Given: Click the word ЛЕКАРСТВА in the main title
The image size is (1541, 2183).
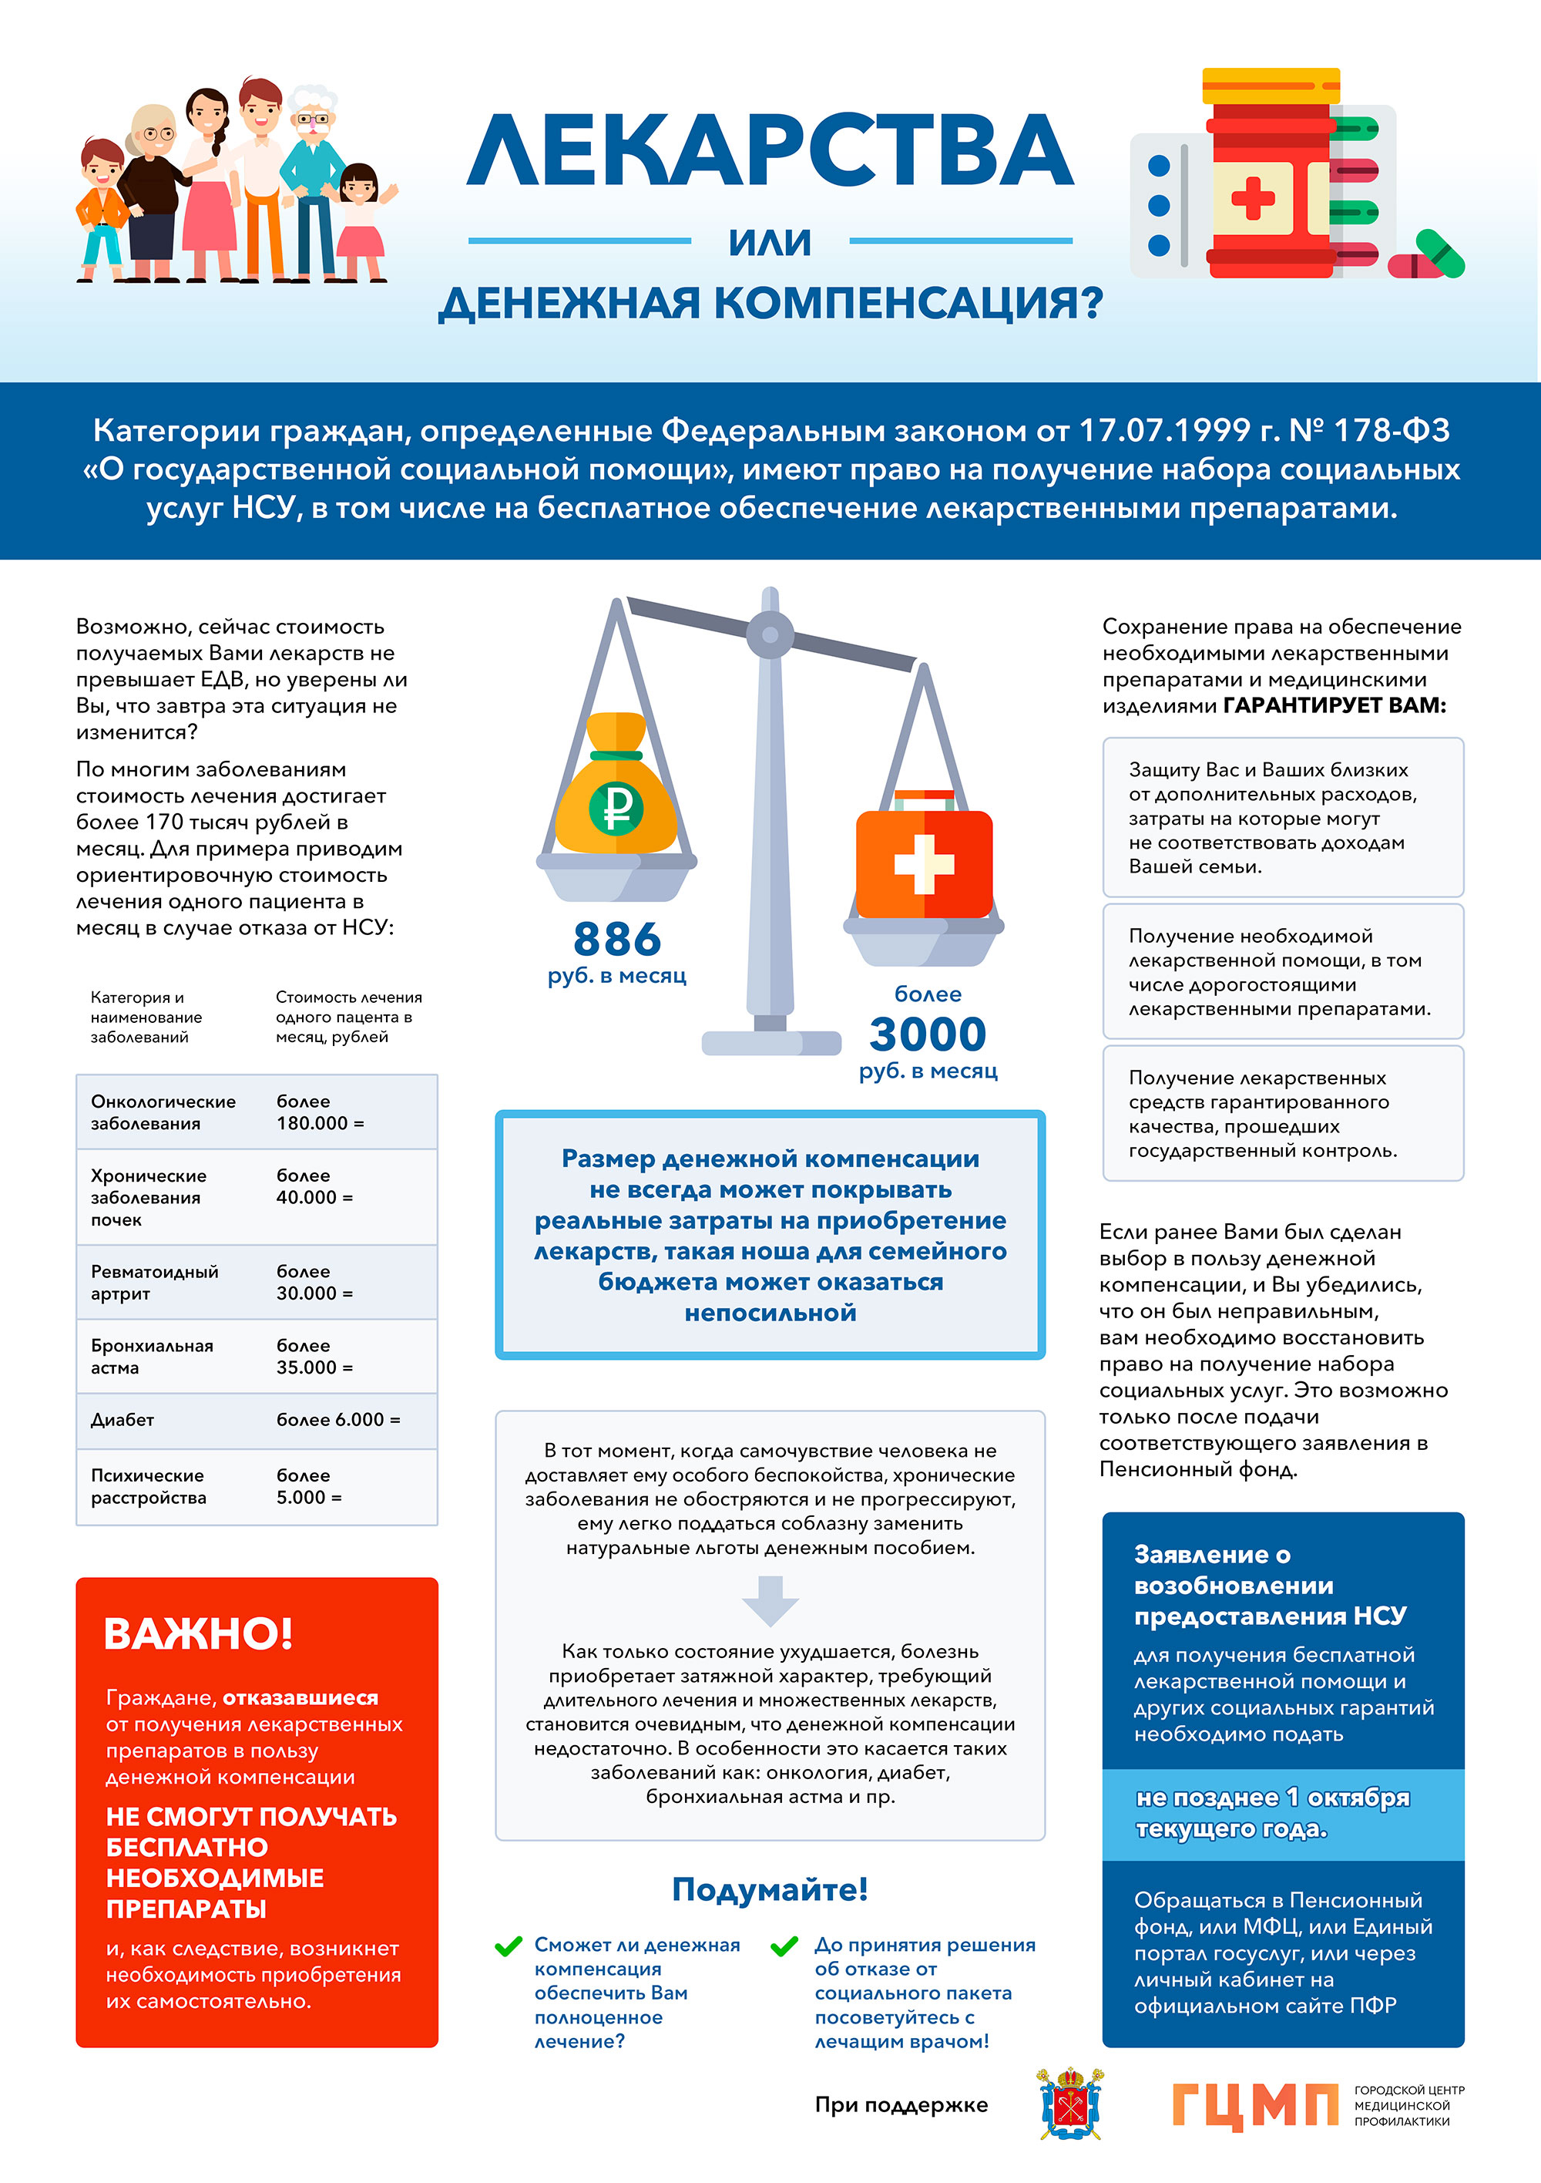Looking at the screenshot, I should tap(770, 152).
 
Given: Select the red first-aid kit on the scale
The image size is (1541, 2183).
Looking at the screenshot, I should tap(924, 860).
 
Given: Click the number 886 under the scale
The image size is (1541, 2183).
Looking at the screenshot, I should tap(617, 940).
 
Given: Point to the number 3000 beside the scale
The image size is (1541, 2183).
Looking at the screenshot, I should tap(928, 1034).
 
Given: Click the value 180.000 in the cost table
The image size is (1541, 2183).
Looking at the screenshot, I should tap(313, 1123).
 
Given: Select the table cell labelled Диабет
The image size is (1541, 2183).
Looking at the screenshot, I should tap(123, 1420).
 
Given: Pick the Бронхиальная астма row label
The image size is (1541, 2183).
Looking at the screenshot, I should tap(152, 1357).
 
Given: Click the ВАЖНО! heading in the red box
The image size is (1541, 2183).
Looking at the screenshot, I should tap(198, 1633).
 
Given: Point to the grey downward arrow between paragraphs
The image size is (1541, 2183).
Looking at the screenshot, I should tap(770, 1600).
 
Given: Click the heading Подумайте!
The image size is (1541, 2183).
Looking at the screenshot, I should tap(770, 1889).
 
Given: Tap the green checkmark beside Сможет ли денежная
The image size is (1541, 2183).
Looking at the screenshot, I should tap(509, 1946).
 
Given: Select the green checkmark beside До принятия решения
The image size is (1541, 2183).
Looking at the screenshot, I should tap(784, 1946).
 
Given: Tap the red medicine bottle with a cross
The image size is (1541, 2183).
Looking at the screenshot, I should tap(1269, 180).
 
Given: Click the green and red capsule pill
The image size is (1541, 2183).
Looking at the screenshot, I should tap(1428, 256).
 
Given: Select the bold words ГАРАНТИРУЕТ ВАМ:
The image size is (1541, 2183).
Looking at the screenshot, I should tap(1335, 705).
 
